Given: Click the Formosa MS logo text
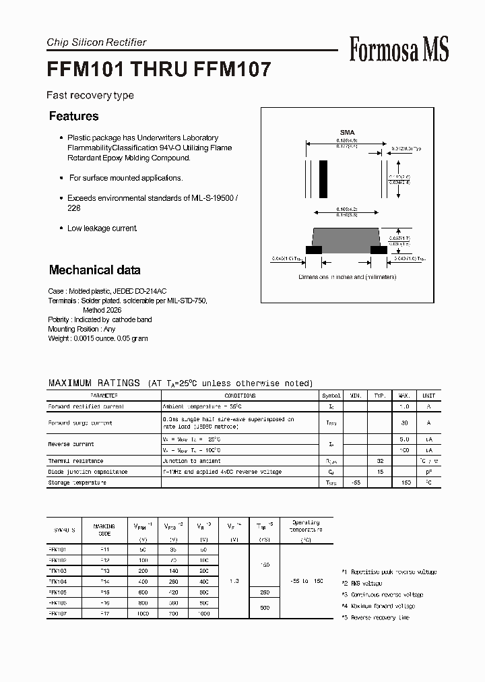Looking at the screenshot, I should click(x=399, y=49).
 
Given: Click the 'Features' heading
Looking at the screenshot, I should click(x=73, y=116).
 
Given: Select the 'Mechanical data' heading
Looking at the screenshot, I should click(x=94, y=270).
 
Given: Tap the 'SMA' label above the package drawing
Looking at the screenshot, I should click(x=347, y=133).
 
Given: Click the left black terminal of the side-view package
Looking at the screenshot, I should click(x=314, y=249).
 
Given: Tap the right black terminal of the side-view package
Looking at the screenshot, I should click(x=379, y=249).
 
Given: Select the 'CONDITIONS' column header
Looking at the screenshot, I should click(x=240, y=396).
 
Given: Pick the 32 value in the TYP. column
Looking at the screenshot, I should click(x=379, y=461).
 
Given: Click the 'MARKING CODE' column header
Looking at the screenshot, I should click(x=104, y=530).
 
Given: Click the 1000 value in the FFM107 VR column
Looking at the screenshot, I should click(x=203, y=614).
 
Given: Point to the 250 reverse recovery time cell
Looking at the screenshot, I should click(x=264, y=592).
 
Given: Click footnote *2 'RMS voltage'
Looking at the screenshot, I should click(x=364, y=583).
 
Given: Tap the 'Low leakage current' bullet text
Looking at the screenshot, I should click(x=102, y=228).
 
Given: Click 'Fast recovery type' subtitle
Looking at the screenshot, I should click(x=90, y=95).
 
